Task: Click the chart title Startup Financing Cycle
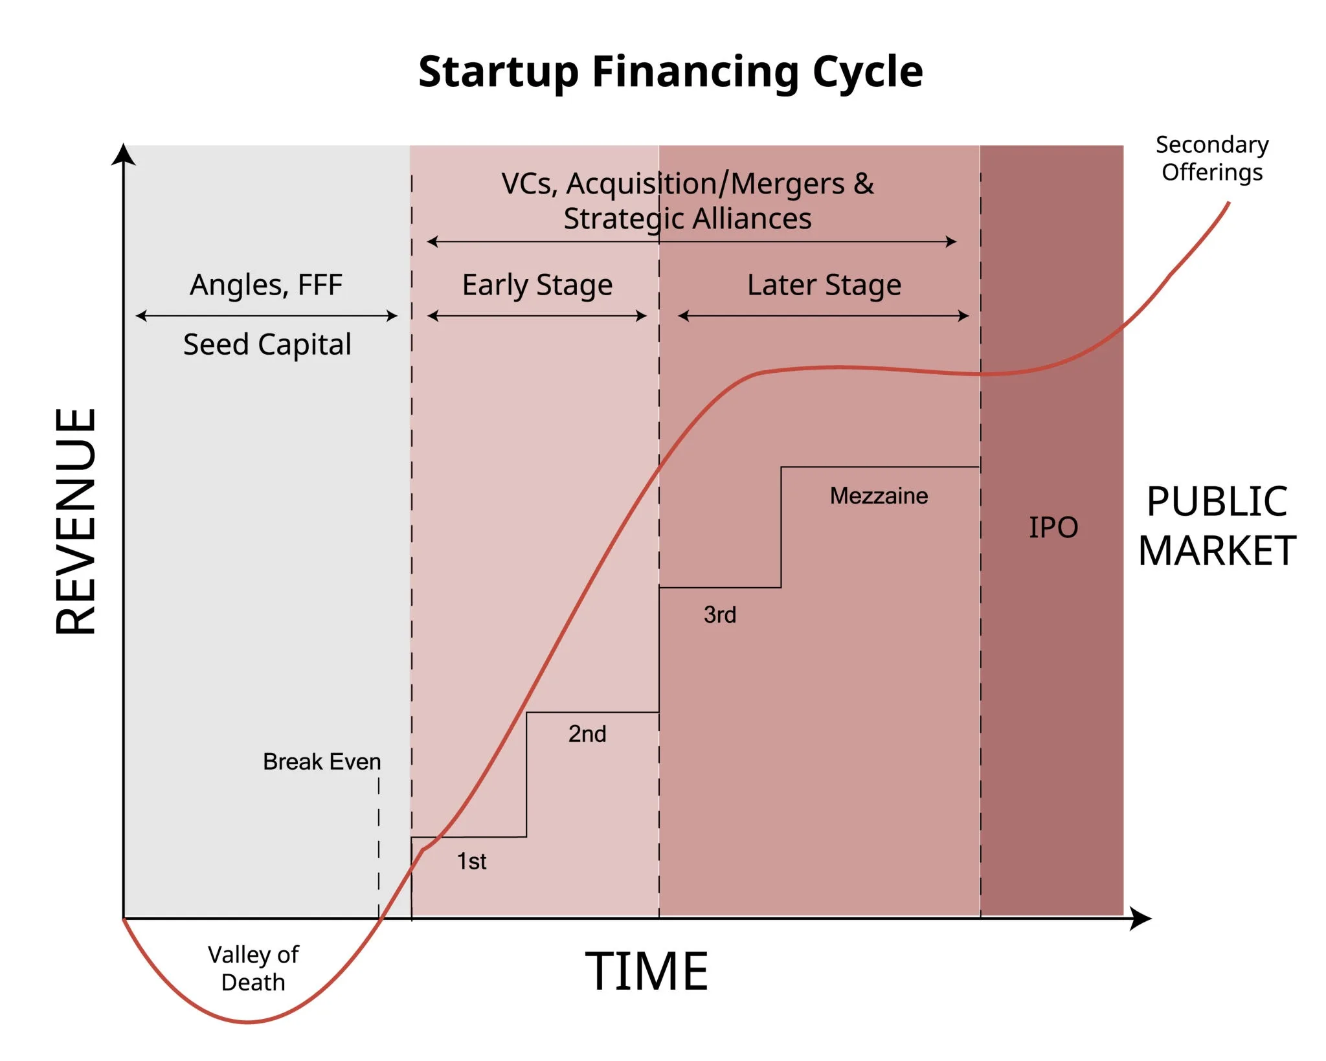coord(670,71)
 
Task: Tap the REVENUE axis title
coord(76,521)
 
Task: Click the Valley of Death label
coord(253,968)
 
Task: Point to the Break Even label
coord(322,762)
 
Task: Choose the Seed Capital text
coord(267,344)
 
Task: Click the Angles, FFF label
coord(266,285)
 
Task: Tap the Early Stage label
coord(537,285)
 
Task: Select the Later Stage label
coord(824,285)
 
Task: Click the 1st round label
coord(471,862)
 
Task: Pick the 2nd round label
coord(587,734)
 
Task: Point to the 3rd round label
coord(720,615)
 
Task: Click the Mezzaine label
coord(879,496)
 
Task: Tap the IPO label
coord(1053,528)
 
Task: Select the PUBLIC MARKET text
coord(1217,526)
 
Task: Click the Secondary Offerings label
coord(1212,159)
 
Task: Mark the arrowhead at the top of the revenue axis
coord(124,155)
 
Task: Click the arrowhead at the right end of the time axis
coord(1141,919)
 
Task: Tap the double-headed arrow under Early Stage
coord(537,316)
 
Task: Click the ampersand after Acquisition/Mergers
coord(864,184)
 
